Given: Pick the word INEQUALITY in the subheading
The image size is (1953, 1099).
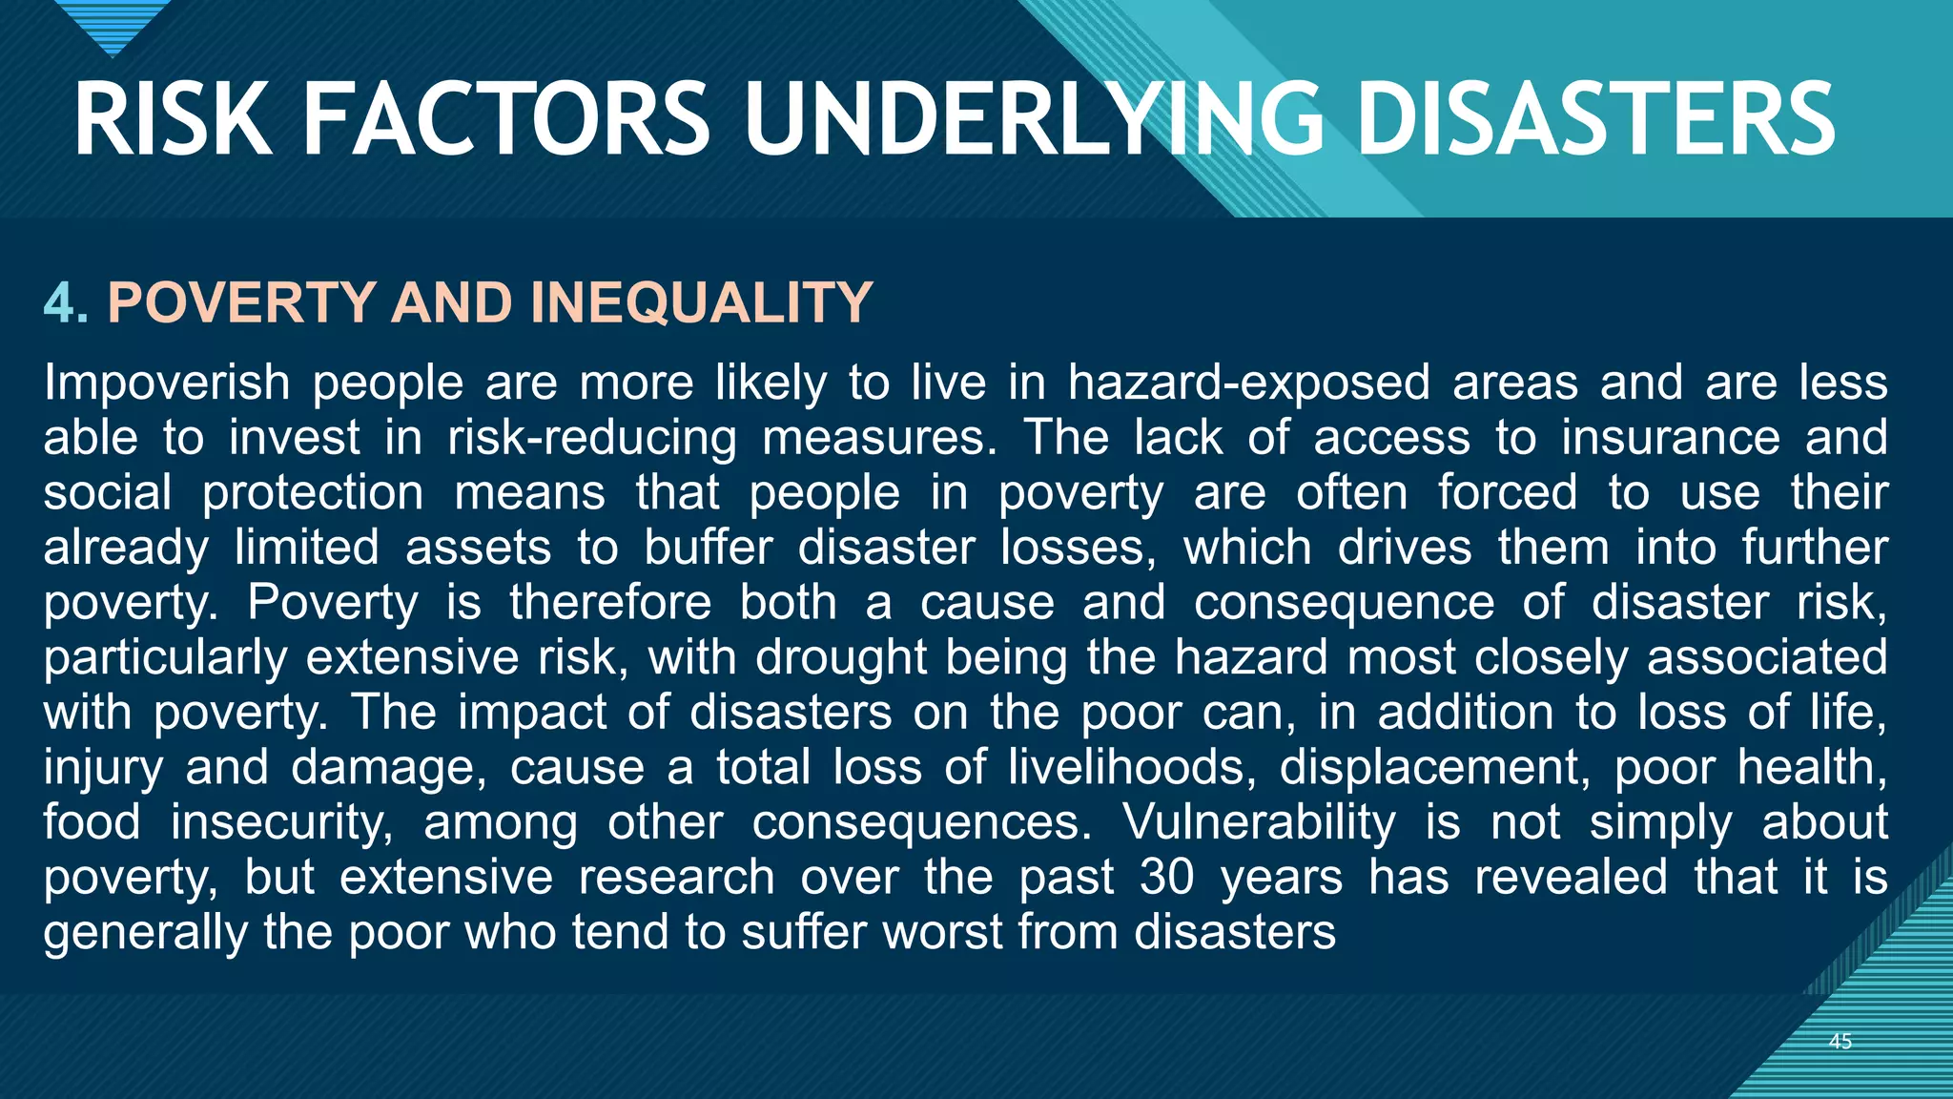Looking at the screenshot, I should [701, 302].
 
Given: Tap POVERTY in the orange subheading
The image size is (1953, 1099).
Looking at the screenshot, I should [242, 302].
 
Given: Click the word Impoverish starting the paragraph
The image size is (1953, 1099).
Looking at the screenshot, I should [167, 383].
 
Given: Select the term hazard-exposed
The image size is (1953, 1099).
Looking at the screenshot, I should [1248, 383].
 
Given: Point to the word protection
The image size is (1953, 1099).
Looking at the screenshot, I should [313, 493].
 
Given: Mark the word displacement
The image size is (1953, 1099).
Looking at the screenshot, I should [1435, 768].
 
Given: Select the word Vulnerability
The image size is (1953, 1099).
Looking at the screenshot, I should [1259, 822].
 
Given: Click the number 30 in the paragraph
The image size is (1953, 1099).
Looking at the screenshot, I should [1166, 878].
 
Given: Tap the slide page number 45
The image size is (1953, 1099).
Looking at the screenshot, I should [1840, 1042].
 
